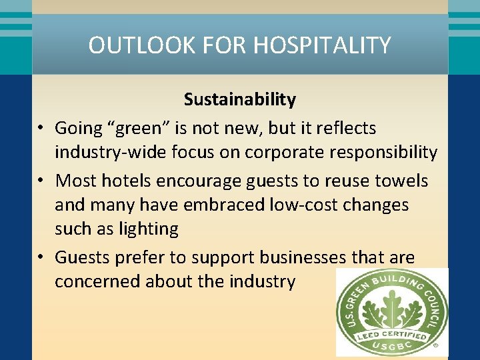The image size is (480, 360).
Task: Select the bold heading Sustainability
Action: click(x=240, y=99)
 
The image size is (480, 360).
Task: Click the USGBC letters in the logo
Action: click(x=392, y=347)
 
